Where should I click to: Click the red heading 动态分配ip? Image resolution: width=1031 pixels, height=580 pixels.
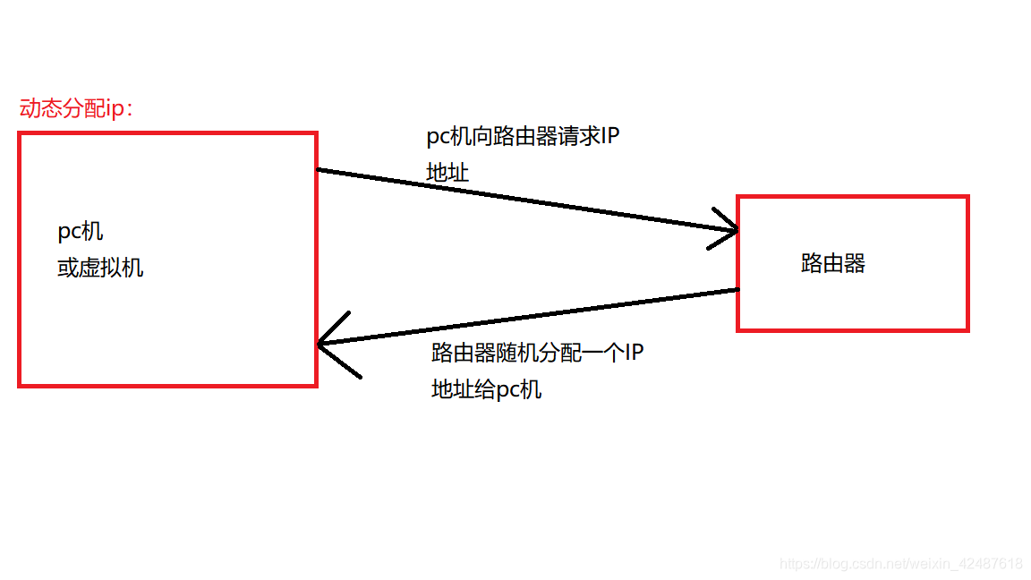[x=76, y=109]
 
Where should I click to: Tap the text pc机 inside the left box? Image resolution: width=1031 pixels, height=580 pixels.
[x=81, y=232]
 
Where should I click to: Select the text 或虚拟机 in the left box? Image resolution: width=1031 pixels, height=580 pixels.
[x=100, y=268]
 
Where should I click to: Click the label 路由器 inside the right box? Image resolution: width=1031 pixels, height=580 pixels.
[x=833, y=263]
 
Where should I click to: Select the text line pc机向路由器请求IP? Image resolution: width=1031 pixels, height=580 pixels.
[x=523, y=137]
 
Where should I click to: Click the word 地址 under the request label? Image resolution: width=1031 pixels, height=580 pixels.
[x=447, y=173]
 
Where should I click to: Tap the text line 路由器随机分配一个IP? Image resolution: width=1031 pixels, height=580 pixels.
[x=537, y=353]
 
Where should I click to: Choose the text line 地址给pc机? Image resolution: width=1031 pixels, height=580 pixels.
[x=486, y=389]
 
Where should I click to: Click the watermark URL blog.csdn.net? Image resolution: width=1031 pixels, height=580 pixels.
[x=901, y=564]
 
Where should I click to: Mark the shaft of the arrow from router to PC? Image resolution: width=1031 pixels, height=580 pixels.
[x=528, y=317]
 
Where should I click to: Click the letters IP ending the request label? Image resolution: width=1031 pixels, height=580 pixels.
[x=609, y=137]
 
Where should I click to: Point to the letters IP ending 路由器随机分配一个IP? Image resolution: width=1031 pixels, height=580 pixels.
[x=634, y=353]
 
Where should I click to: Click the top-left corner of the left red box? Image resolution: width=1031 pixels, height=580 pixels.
[x=20, y=134]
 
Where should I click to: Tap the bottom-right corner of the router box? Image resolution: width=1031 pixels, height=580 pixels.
[x=967, y=330]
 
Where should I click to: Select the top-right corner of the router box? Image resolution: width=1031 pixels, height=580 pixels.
[x=967, y=197]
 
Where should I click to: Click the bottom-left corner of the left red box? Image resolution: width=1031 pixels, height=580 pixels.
[x=20, y=386]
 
